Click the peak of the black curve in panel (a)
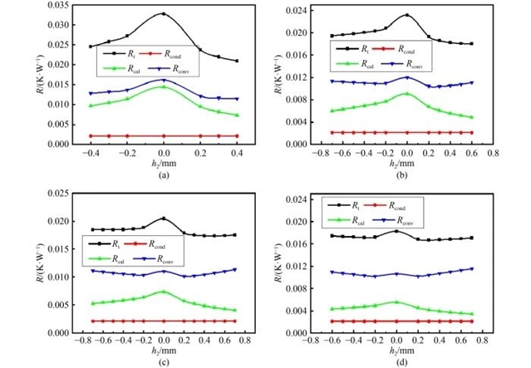pos(164,14)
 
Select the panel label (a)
pos(164,173)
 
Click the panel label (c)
pos(164,362)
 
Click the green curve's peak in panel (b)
pos(406,94)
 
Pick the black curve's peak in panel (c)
pos(164,218)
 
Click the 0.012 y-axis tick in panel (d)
pos(297,266)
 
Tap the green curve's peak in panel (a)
pos(164,86)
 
